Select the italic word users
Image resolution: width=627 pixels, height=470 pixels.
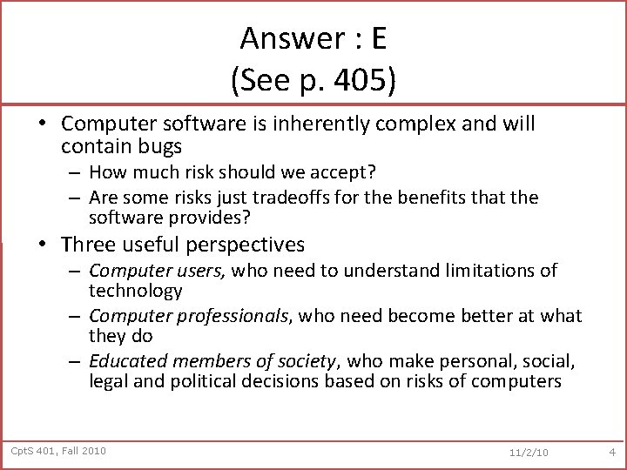[x=199, y=271]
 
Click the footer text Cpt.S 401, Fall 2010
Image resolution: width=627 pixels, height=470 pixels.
[x=58, y=450]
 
